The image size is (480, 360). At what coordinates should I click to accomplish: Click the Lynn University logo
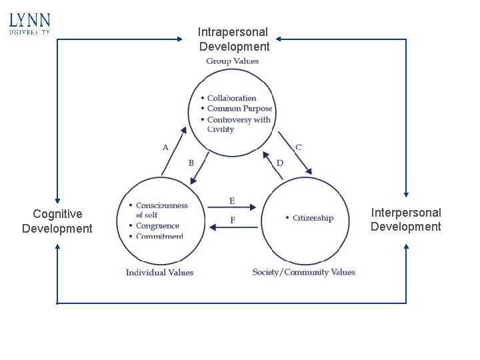coord(30,23)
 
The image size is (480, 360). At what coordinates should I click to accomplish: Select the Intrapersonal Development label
coord(233,39)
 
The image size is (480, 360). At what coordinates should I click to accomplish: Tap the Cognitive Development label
coord(57,221)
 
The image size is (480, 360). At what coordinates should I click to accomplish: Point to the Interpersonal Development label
coord(405,219)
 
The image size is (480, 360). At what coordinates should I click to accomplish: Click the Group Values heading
coord(232,61)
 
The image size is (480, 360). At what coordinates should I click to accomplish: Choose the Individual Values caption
coord(159,272)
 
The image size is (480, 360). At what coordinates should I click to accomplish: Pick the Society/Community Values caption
coord(303,272)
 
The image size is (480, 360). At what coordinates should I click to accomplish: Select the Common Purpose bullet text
coord(239,109)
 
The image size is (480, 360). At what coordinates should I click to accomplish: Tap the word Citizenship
coord(312,218)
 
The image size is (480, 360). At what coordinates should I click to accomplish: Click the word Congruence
coord(157,226)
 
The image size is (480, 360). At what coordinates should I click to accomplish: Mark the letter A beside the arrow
coord(165,147)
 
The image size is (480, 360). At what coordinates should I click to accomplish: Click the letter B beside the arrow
coord(191,163)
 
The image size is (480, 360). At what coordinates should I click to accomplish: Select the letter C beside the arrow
coord(298,147)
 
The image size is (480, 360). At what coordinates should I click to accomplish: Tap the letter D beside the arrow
coord(279,163)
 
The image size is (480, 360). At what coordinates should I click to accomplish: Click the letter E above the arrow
coord(231,201)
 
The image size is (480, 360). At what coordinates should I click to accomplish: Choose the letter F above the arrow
coord(232,220)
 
